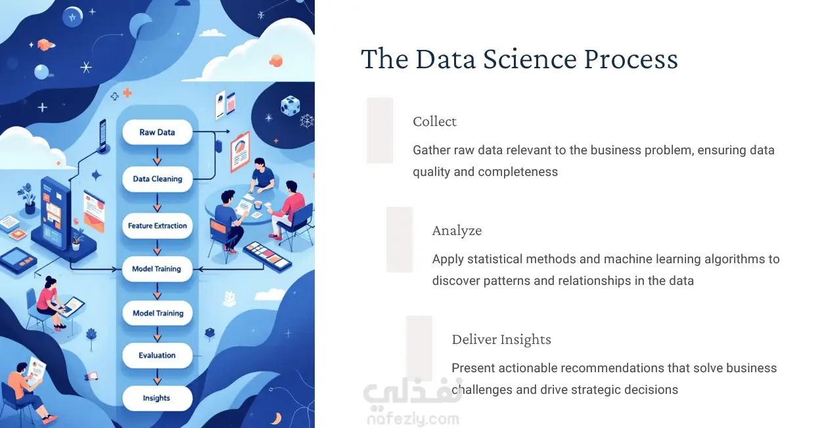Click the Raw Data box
[x=158, y=132]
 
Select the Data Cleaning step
[x=158, y=179]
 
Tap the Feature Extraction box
[x=158, y=225]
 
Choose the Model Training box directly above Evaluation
[x=158, y=312]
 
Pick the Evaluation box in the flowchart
[x=158, y=355]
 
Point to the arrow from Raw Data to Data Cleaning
[x=158, y=156]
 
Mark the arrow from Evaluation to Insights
[x=158, y=377]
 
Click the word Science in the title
[x=530, y=59]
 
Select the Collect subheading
[x=434, y=121]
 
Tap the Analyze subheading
[x=457, y=230]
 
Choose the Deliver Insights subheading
[x=501, y=339]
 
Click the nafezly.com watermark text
[x=413, y=419]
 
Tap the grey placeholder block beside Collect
[x=380, y=131]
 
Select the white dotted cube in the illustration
[x=290, y=105]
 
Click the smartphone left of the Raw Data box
[x=103, y=135]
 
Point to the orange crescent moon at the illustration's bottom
[x=276, y=418]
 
